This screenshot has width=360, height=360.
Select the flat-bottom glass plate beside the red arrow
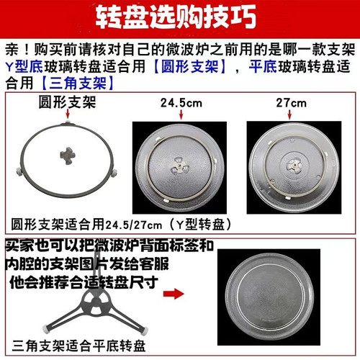pyautogui.click(x=274, y=295)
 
